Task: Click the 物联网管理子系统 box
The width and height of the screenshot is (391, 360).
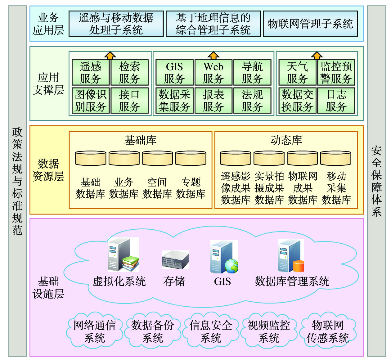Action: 310,24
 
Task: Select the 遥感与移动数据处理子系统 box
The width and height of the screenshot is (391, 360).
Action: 116,24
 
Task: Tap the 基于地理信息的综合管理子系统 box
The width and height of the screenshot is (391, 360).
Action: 213,24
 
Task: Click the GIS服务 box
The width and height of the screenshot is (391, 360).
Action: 174,73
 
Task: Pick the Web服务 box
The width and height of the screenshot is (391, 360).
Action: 213,73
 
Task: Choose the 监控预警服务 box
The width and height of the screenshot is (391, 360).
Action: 336,73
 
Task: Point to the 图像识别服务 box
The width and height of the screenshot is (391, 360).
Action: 91,101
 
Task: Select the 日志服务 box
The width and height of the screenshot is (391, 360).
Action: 336,101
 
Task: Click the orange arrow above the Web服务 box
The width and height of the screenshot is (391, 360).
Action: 213,56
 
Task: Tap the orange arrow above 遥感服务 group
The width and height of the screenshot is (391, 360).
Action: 110,56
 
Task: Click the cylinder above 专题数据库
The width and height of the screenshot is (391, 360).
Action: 191,158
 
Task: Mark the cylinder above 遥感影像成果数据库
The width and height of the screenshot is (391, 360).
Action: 236,158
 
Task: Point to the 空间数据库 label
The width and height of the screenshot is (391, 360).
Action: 157,188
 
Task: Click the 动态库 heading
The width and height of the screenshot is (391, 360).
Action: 286,140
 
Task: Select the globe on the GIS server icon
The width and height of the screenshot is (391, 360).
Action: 231,266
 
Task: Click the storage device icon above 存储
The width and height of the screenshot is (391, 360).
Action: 175,260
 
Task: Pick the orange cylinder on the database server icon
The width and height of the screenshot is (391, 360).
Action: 299,266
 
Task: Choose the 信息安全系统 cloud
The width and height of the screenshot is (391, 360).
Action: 211,331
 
